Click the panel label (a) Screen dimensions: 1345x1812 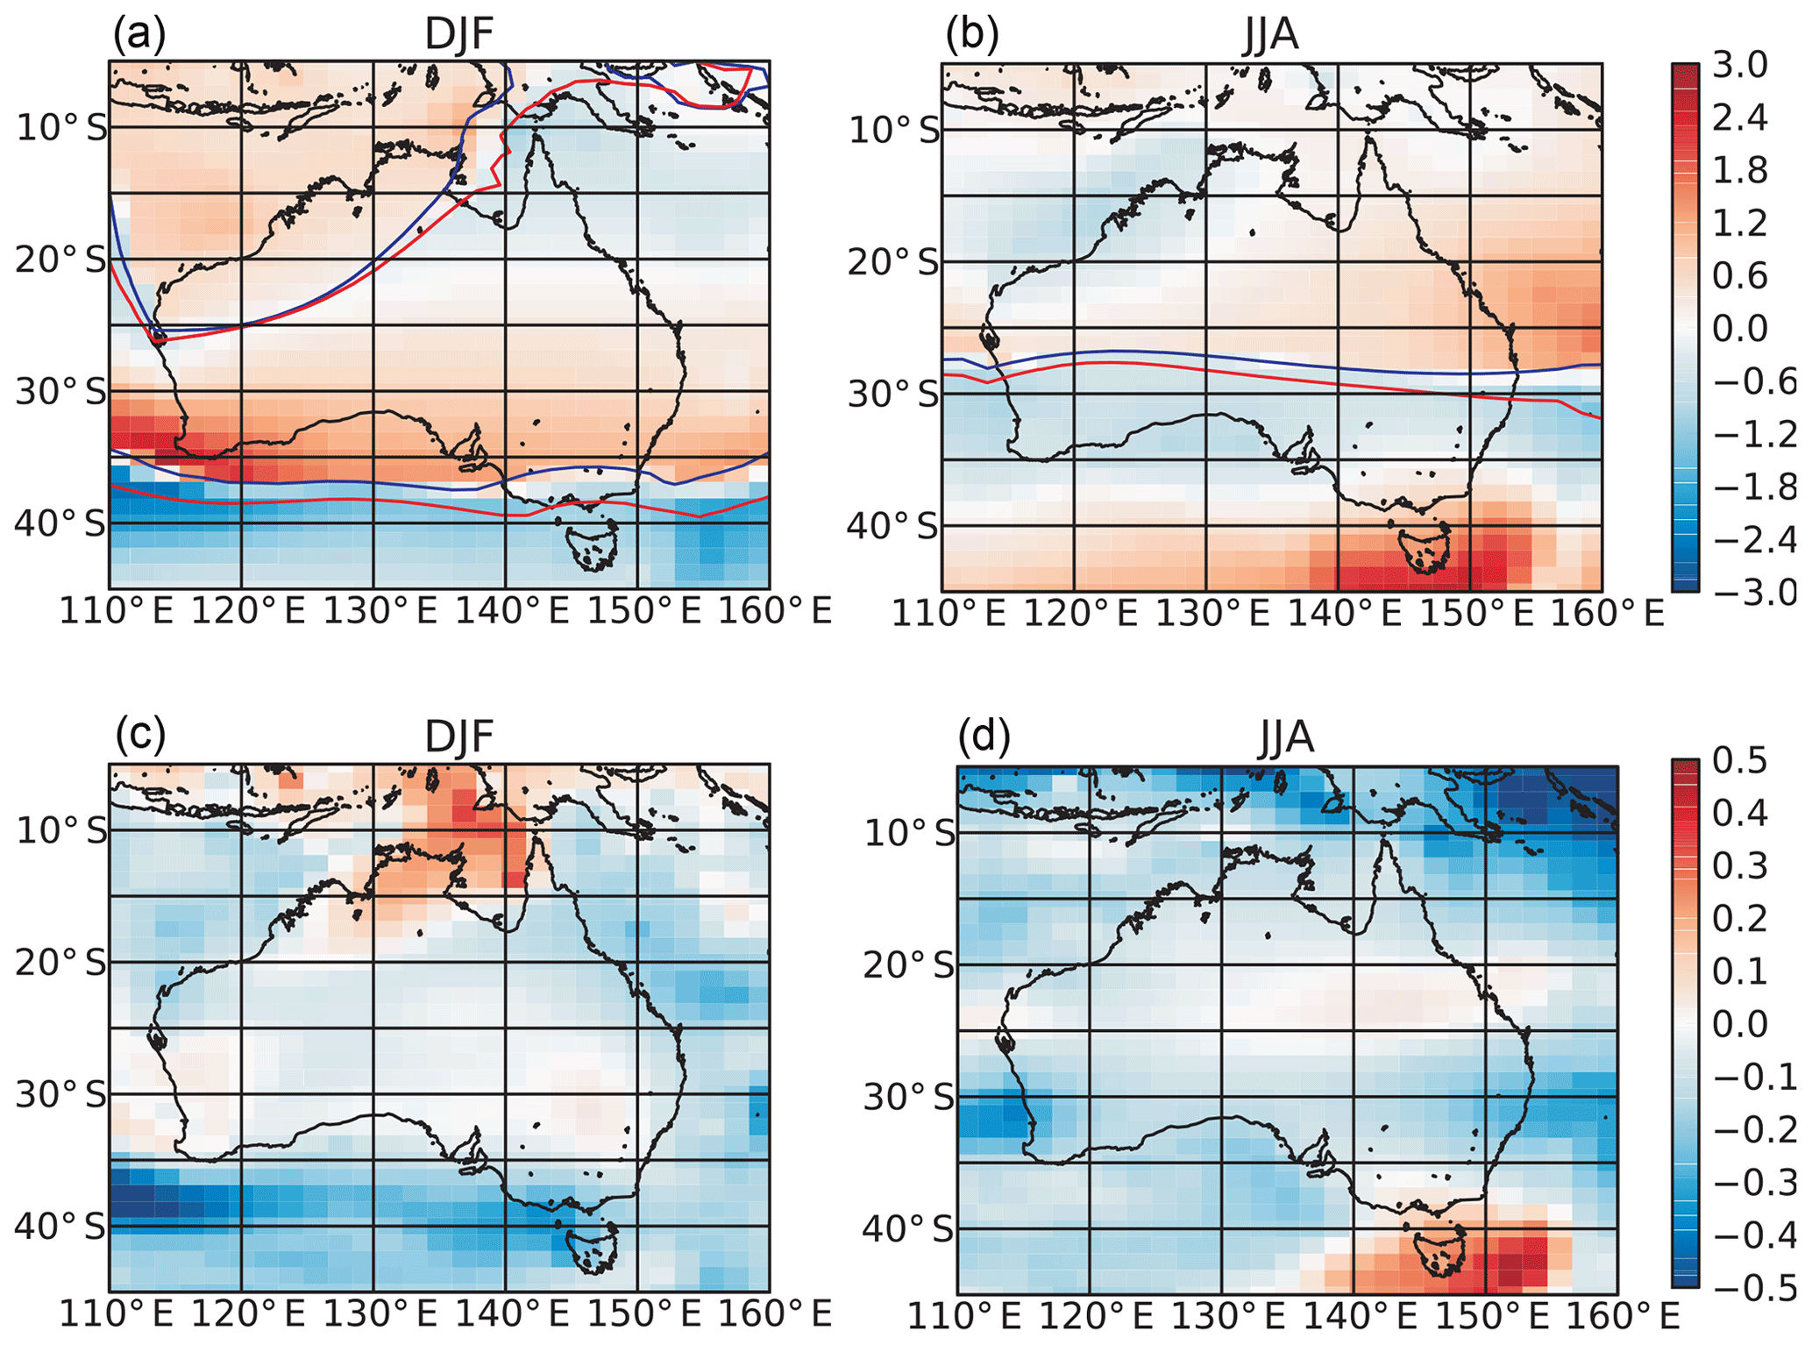[x=139, y=35]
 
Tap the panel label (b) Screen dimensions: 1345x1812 [x=972, y=35]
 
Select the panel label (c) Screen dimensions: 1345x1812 [x=140, y=735]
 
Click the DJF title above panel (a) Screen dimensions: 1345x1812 [x=458, y=35]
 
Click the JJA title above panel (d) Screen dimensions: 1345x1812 [x=1286, y=737]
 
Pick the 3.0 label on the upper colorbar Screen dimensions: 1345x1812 [x=1740, y=65]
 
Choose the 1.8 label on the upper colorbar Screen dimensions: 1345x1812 [x=1740, y=170]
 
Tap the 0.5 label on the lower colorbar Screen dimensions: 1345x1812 [x=1740, y=761]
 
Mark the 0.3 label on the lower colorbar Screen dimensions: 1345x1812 [x=1740, y=866]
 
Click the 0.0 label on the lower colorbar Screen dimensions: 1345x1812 [x=1740, y=1024]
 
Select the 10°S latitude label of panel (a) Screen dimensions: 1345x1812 [x=60, y=128]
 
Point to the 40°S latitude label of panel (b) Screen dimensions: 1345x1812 [x=892, y=526]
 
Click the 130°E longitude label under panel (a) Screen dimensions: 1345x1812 [x=380, y=611]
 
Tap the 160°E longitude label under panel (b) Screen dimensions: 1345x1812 [x=1607, y=614]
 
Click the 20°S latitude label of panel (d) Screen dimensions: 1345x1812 [x=909, y=965]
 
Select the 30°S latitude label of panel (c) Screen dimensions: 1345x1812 [x=60, y=1094]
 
